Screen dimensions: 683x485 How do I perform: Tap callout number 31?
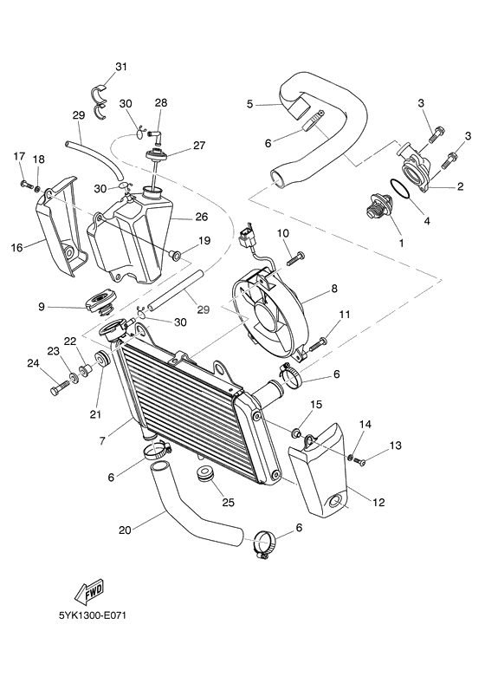tap(120, 67)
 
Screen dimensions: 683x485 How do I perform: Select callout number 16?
tap(16, 248)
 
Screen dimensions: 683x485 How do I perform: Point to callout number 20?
tap(124, 530)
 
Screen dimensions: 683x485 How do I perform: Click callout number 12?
tap(378, 502)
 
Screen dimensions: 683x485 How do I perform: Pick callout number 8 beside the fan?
tap(333, 288)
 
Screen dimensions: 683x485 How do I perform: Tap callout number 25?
tap(229, 502)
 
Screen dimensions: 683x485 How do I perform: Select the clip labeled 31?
tap(100, 97)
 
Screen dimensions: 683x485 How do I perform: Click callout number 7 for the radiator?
tap(102, 441)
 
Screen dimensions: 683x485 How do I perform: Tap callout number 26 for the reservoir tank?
tap(201, 217)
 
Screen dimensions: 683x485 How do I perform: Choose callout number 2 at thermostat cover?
tap(461, 185)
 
